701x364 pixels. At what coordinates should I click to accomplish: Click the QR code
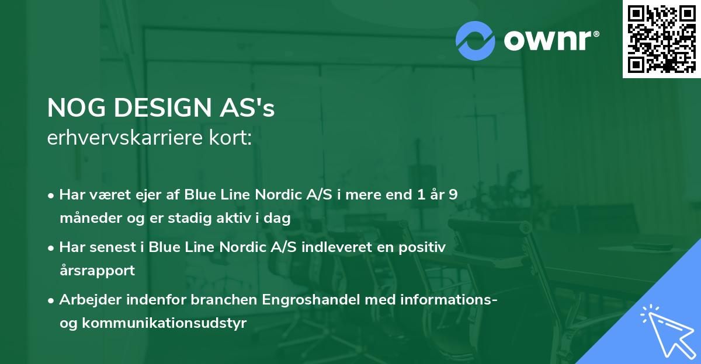pyautogui.click(x=661, y=38)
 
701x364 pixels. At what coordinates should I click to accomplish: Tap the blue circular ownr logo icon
pyautogui.click(x=475, y=41)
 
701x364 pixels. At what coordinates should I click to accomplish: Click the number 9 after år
pyautogui.click(x=453, y=195)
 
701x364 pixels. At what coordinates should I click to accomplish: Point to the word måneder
pyautogui.click(x=86, y=219)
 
